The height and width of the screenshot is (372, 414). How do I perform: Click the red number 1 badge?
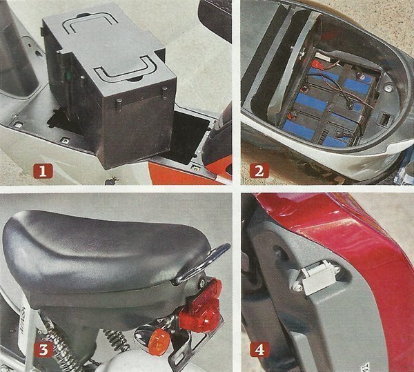43,171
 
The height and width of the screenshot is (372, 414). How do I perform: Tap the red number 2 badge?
259,170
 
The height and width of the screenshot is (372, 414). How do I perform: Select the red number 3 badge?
43,349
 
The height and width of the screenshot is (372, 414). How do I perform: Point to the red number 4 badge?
260,349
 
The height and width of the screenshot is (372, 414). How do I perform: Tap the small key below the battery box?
111,180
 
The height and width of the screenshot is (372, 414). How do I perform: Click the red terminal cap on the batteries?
316,64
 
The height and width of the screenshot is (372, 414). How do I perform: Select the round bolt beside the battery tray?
387,88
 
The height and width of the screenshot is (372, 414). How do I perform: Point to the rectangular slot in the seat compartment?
384,119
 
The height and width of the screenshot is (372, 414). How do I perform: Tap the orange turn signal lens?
159,342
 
